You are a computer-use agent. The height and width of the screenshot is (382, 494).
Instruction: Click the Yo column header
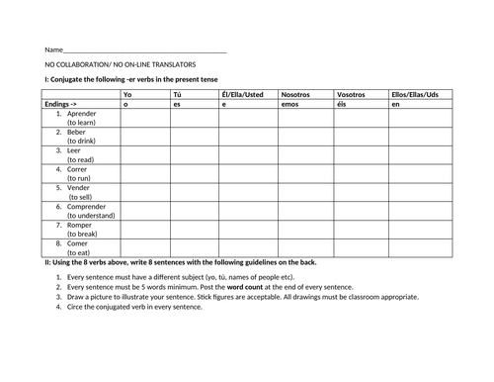[126, 94]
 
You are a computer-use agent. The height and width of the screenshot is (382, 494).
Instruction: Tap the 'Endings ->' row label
[61, 103]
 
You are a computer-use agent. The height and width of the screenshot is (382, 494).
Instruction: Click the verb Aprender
[83, 113]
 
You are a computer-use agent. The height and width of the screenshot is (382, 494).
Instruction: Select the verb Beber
[77, 132]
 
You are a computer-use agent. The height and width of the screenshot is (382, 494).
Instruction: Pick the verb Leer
[74, 149]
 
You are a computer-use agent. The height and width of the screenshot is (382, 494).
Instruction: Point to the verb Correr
[78, 167]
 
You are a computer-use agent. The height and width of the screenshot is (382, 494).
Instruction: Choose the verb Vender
[79, 185]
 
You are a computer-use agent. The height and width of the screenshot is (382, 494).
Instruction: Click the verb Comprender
[88, 204]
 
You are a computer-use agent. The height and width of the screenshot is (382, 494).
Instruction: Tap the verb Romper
[80, 222]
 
